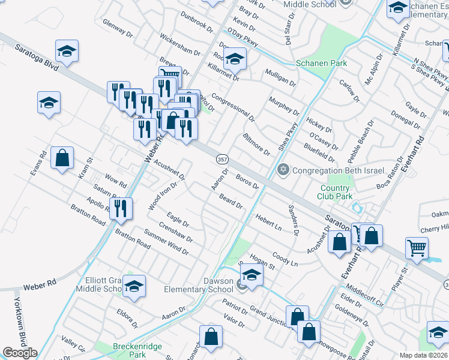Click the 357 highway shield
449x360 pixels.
pyautogui.click(x=220, y=159)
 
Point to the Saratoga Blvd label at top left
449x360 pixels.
pyautogui.click(x=37, y=59)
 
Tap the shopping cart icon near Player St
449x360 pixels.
pyautogui.click(x=417, y=247)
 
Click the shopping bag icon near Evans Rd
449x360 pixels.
pyautogui.click(x=62, y=159)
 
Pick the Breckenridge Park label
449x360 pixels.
pyautogui.click(x=129, y=350)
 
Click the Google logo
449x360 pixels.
pyautogui.click(x=20, y=353)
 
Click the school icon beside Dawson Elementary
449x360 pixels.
pyautogui.click(x=252, y=276)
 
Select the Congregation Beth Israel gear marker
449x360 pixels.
pyautogui.click(x=283, y=170)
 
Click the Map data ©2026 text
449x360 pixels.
pyautogui.click(x=423, y=355)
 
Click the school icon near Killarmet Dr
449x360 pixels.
pyautogui.click(x=235, y=59)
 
